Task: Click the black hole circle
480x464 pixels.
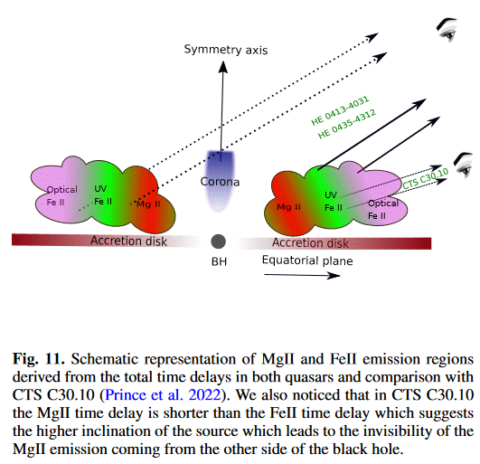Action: click(218, 241)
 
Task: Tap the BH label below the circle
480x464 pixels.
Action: click(219, 262)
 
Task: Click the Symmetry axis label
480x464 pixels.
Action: click(226, 50)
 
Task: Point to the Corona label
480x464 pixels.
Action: click(220, 182)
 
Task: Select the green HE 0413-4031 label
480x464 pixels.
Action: click(340, 110)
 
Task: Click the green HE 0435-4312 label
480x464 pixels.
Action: click(347, 124)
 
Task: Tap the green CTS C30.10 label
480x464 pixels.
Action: click(425, 179)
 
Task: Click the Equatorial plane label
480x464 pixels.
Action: click(307, 260)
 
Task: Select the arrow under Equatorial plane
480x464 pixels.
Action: click(302, 275)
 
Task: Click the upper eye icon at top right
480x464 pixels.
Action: click(447, 29)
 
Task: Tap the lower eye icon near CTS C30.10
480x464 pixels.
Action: click(464, 165)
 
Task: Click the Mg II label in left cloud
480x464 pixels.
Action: click(148, 204)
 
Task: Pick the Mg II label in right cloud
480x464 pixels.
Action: click(288, 207)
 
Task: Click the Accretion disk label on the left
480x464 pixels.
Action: click(128, 241)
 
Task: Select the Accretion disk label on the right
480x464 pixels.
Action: click(310, 243)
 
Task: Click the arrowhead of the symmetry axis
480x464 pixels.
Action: click(223, 66)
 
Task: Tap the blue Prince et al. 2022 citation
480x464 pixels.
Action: click(163, 394)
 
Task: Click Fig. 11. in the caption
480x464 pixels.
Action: click(39, 359)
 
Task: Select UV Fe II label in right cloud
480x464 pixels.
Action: click(333, 201)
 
